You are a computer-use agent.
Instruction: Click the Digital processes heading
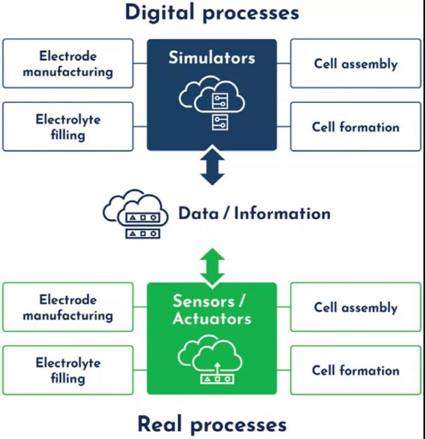coord(212,12)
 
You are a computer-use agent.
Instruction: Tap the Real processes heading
coord(212,424)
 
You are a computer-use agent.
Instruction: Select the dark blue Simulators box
coord(212,94)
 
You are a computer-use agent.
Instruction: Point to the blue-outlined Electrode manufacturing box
coord(68,63)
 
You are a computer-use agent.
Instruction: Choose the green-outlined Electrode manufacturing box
coord(68,307)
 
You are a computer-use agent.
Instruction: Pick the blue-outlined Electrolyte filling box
coord(68,126)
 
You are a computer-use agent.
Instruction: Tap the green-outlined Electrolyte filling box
coord(68,370)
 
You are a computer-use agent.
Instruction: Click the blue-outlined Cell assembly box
coord(356,63)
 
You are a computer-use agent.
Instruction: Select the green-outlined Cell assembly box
coord(356,307)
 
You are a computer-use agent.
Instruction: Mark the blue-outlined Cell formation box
coord(356,126)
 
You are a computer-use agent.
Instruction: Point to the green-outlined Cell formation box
coord(356,370)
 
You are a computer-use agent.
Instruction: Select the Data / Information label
coord(254,213)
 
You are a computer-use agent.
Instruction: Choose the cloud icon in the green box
coord(212,362)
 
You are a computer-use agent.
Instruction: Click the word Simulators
coord(212,58)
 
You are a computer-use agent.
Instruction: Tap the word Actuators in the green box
coord(212,318)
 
